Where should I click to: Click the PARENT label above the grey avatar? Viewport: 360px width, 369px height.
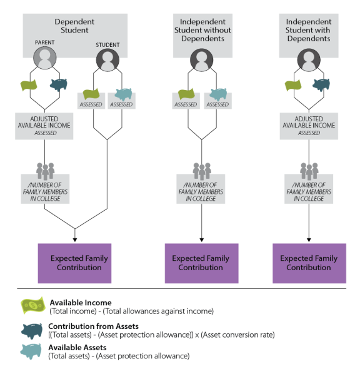(x=44, y=43)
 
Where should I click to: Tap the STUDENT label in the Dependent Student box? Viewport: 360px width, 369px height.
(x=107, y=44)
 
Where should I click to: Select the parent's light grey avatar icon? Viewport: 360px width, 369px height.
(x=44, y=58)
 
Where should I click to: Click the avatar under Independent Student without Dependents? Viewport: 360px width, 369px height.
(x=201, y=60)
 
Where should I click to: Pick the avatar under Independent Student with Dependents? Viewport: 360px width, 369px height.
(x=309, y=60)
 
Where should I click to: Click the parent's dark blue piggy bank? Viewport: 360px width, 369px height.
(x=59, y=84)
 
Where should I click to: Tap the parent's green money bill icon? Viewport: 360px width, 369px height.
(x=29, y=85)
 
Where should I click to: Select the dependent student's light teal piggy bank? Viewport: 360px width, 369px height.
(x=124, y=94)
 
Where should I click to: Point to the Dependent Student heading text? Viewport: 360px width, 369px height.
(x=74, y=26)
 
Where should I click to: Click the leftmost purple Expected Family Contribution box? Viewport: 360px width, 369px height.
(x=74, y=263)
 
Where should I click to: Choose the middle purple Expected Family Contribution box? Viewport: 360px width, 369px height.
(x=201, y=263)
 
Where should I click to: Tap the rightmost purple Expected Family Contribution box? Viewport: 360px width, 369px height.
(x=309, y=263)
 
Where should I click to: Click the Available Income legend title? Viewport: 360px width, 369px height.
(x=81, y=303)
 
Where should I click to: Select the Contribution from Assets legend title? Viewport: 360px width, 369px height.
(x=93, y=326)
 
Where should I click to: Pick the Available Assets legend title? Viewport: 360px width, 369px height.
(x=77, y=347)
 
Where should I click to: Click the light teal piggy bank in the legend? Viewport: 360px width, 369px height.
(x=31, y=351)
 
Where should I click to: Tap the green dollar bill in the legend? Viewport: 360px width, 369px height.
(x=33, y=305)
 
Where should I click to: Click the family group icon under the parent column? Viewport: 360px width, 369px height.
(x=45, y=171)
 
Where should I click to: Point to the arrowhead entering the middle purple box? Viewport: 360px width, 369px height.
(x=201, y=240)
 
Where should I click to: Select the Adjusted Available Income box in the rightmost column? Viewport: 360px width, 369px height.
(x=309, y=126)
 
